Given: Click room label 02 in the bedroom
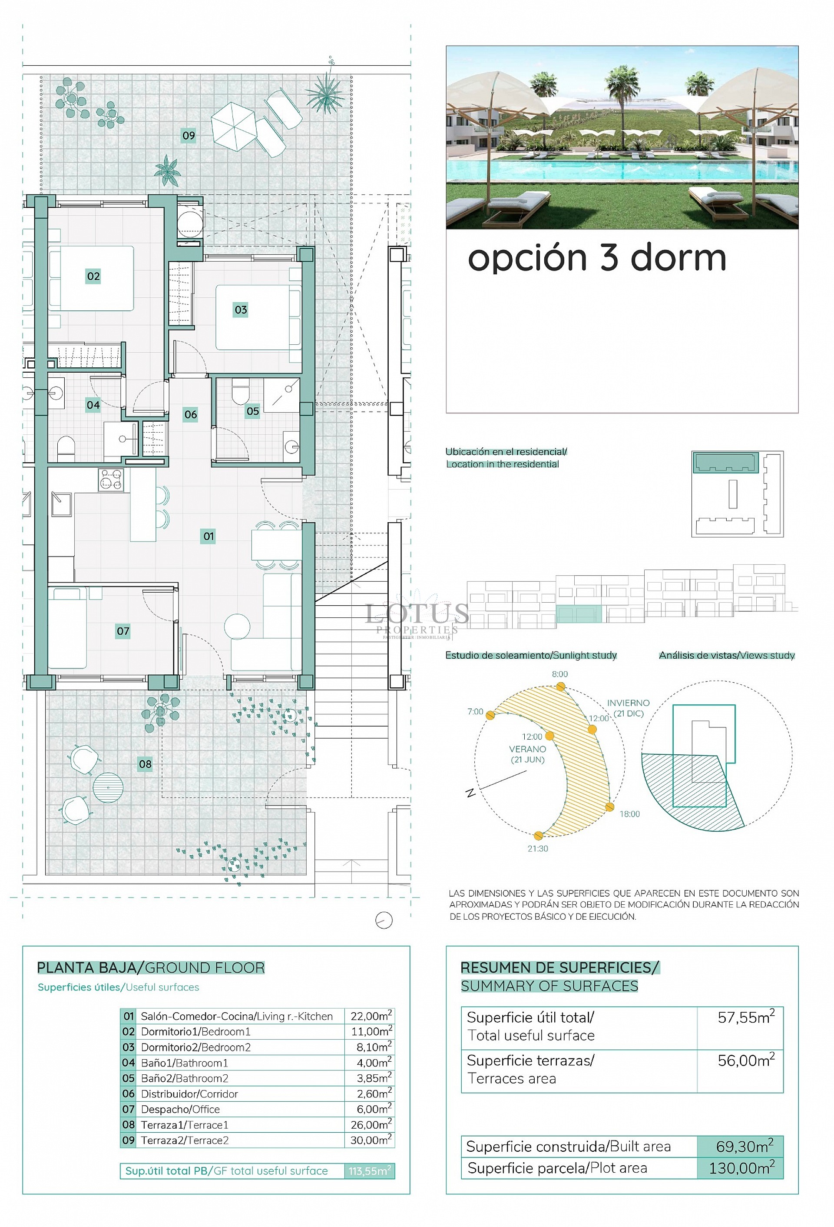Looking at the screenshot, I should (93, 276).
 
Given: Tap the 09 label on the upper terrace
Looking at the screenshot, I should (189, 136).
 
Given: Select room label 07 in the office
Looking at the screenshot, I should (123, 631).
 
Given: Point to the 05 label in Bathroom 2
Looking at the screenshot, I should (253, 411).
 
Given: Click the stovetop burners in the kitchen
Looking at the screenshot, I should (111, 480).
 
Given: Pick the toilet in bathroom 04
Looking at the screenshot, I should (66, 447).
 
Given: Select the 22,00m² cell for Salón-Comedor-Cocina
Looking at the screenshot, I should (371, 1016).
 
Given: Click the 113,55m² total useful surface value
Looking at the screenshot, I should (369, 1171).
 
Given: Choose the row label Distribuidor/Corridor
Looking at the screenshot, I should (189, 1094).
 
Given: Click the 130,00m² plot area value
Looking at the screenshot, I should (741, 1168).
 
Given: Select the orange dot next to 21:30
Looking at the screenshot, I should (538, 836).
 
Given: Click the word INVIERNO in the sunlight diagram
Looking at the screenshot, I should (628, 703).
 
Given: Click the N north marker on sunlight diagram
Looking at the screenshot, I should (470, 793).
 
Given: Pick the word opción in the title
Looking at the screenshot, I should (527, 258).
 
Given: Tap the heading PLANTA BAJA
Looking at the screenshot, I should (86, 968).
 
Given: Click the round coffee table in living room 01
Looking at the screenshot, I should (237, 627).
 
